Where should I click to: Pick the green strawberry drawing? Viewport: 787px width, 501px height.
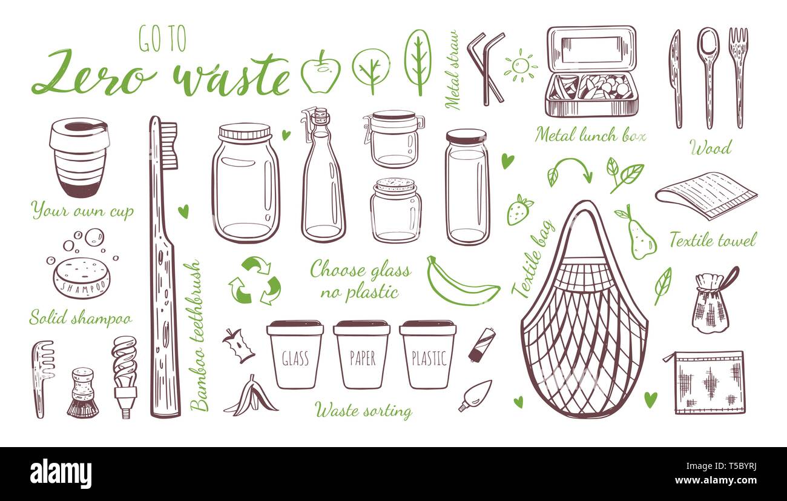point(519,210)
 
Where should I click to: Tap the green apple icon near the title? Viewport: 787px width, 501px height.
point(320,73)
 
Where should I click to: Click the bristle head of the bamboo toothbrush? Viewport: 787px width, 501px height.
point(169,145)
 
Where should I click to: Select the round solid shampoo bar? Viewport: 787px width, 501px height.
point(81,278)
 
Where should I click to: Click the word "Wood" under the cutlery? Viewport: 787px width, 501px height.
point(710,147)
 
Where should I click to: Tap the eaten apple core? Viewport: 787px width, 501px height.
point(239,346)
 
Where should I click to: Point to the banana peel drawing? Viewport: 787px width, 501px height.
point(251,396)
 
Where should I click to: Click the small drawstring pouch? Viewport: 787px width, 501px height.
point(711,303)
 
